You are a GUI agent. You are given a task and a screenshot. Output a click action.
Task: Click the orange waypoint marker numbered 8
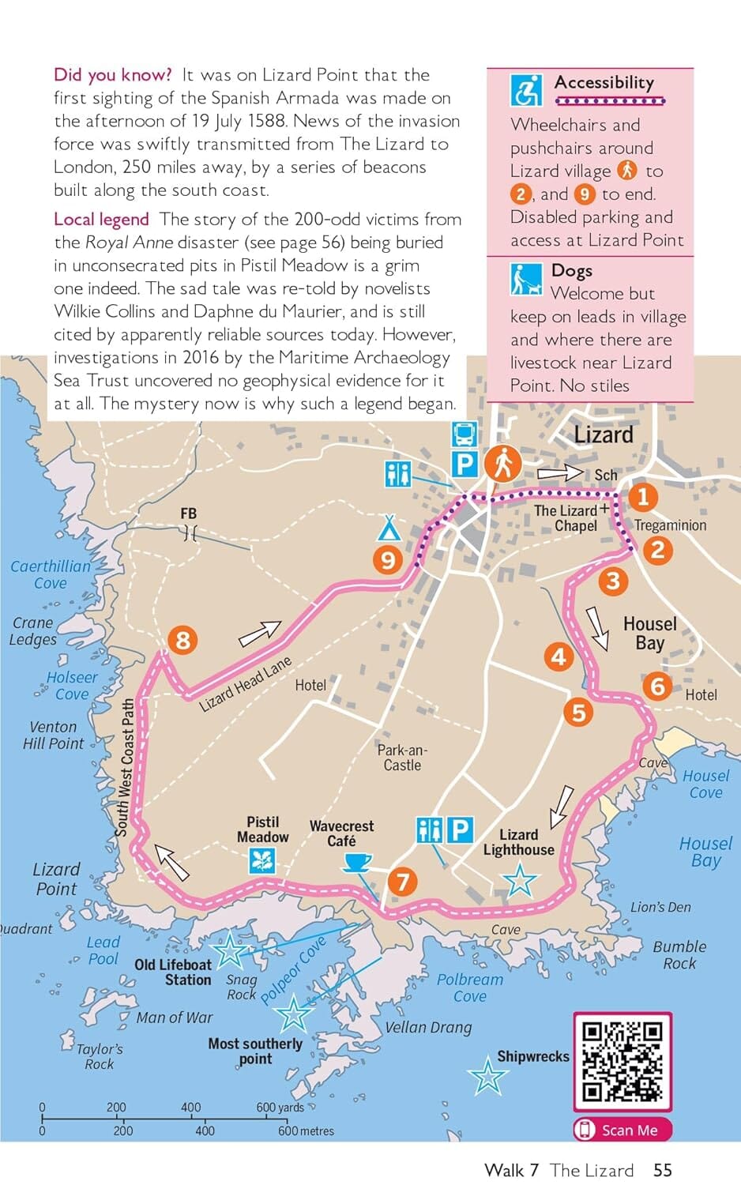click(x=182, y=639)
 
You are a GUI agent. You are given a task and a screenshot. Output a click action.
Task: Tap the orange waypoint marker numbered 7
click(x=402, y=881)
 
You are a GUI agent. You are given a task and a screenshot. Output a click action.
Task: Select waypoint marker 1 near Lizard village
click(x=643, y=497)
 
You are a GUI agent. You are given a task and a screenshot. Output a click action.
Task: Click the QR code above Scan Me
click(x=622, y=1061)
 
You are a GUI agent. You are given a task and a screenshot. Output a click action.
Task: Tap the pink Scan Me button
click(x=622, y=1130)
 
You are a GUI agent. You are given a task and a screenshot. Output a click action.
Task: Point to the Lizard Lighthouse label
click(x=518, y=842)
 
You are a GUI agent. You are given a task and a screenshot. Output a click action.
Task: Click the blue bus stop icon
click(x=464, y=434)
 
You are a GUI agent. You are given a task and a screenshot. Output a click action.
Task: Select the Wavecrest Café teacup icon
click(x=358, y=862)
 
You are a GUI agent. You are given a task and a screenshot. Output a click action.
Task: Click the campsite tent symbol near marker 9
click(x=388, y=527)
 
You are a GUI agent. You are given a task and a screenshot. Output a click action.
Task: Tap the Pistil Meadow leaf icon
click(x=262, y=860)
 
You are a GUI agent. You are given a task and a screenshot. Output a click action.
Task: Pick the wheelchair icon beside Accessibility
click(x=525, y=90)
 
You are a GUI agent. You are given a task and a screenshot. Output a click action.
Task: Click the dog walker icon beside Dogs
click(x=525, y=280)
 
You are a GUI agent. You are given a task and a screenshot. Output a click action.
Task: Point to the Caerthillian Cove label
click(x=51, y=574)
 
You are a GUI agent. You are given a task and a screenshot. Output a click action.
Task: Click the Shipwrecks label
click(x=532, y=1056)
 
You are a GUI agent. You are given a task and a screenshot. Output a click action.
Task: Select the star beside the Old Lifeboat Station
click(x=230, y=950)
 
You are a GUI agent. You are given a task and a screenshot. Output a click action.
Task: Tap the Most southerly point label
click(x=255, y=1051)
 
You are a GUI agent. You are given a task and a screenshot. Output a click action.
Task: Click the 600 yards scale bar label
click(x=280, y=1108)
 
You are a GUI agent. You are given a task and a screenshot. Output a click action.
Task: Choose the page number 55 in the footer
click(x=662, y=1170)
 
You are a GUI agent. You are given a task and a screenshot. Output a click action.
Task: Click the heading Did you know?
click(x=112, y=75)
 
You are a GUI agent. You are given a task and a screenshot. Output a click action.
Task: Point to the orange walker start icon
click(x=502, y=463)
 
